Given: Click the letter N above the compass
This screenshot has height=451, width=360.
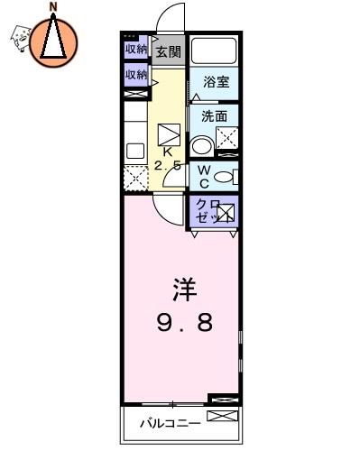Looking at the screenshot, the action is [53, 7].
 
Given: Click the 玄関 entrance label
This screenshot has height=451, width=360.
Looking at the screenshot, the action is [169, 51].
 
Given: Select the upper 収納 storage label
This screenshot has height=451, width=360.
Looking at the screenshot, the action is [136, 49].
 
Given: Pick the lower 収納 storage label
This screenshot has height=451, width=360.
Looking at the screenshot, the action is [136, 74].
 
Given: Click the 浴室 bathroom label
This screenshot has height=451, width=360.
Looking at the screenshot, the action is [217, 82].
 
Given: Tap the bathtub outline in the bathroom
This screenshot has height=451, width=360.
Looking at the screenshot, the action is [214, 51].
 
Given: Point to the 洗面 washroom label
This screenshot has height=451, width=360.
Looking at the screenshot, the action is [214, 116].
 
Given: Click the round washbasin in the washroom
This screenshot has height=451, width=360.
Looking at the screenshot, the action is [202, 146].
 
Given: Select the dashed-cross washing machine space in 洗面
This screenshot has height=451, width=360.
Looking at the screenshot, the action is [227, 138].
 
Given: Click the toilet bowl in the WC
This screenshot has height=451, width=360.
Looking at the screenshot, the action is [223, 177].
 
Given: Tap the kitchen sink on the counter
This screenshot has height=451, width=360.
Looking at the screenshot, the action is [135, 151].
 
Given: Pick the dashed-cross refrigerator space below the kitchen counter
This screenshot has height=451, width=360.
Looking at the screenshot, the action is [136, 178].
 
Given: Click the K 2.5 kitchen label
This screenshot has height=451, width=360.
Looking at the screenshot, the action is [168, 159].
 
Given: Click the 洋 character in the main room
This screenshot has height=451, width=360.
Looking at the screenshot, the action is [185, 290].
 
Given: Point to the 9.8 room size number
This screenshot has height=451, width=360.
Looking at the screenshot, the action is [185, 322].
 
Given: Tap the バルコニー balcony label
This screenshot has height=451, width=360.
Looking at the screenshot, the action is [170, 424].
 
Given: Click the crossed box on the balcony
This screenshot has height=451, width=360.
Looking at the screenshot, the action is [222, 416].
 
